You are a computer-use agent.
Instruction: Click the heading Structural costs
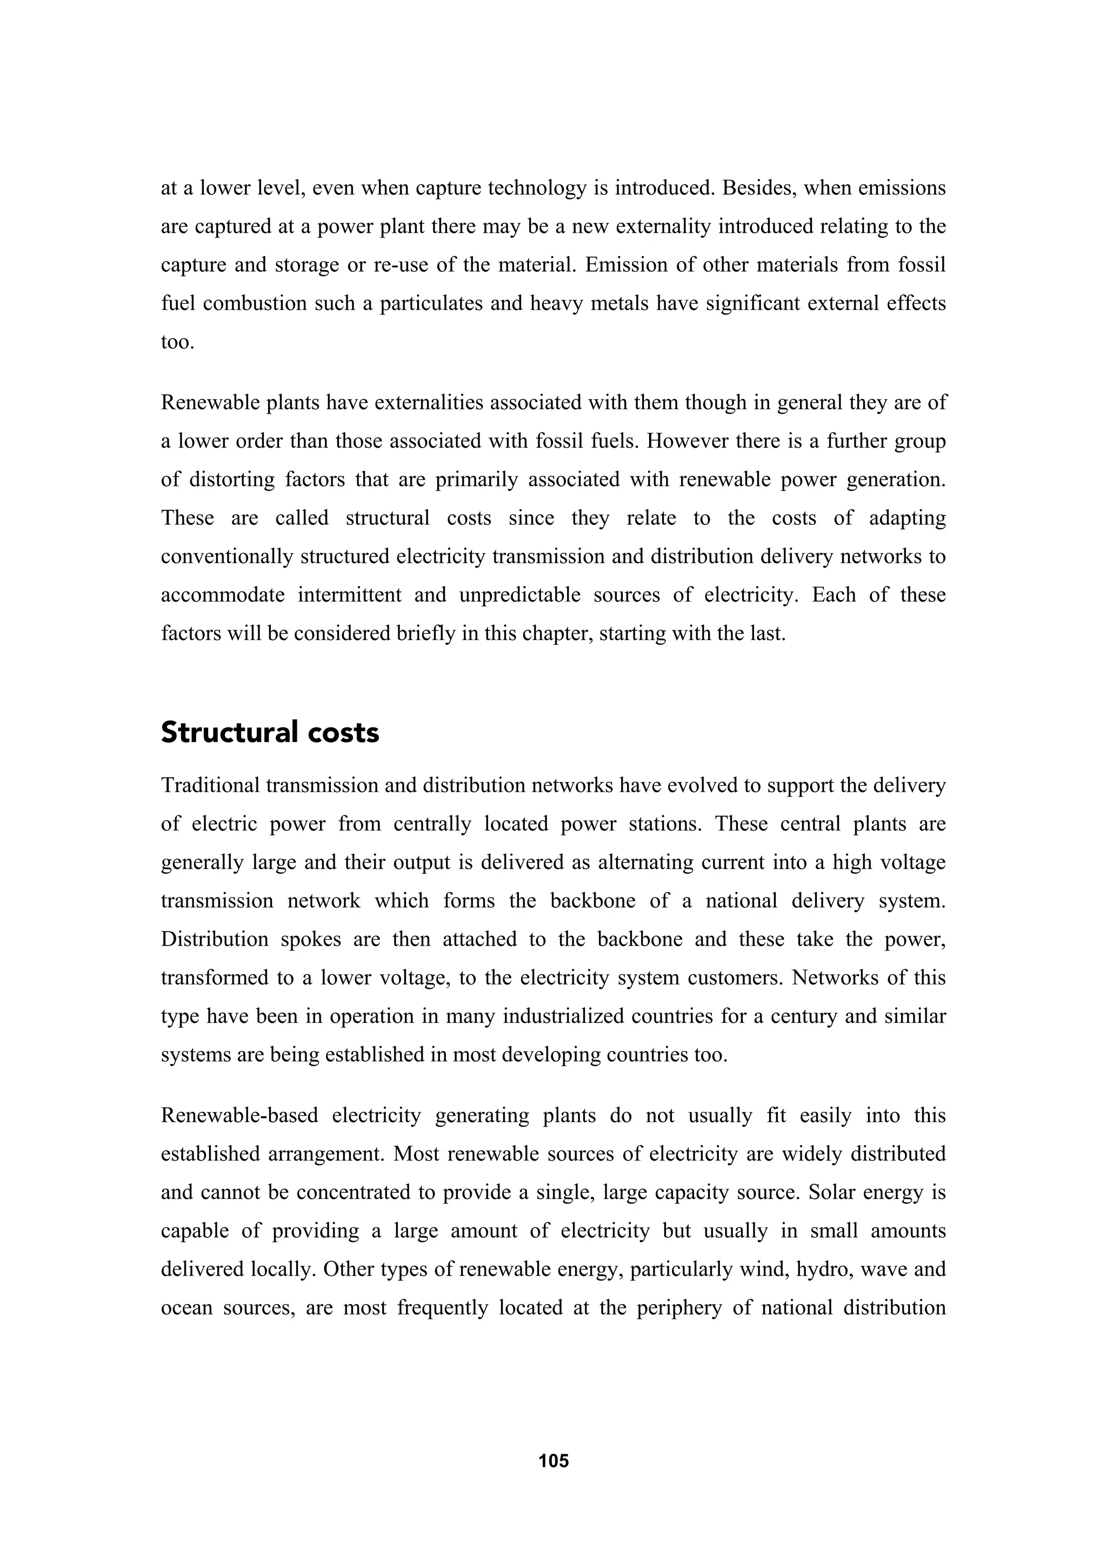[x=270, y=733]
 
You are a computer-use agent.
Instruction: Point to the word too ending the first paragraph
[x=177, y=341]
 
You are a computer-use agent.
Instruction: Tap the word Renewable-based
[x=239, y=1116]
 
